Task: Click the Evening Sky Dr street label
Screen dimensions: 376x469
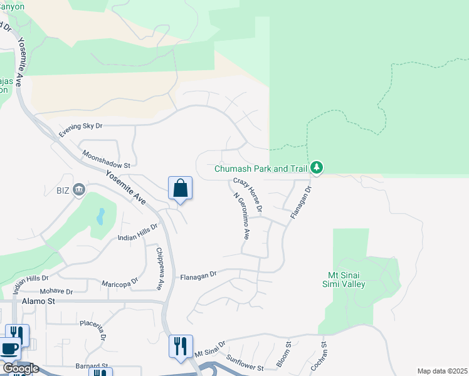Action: [x=80, y=130]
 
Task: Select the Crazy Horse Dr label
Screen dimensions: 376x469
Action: [x=248, y=194]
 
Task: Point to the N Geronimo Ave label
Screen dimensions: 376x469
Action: [x=241, y=217]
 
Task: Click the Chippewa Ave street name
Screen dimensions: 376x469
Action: [x=159, y=269]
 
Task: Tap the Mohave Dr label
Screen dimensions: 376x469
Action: [x=56, y=291]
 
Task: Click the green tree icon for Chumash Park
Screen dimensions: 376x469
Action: [x=317, y=167]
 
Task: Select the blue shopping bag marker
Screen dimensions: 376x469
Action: [x=180, y=188]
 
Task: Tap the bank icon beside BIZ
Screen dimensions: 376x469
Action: [x=79, y=189]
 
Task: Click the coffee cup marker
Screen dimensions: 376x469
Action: [x=9, y=349]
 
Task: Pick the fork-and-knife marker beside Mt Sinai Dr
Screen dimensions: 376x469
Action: [x=180, y=345]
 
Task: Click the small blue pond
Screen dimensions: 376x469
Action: [x=100, y=216]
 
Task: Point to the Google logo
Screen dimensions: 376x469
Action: [x=21, y=368]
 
